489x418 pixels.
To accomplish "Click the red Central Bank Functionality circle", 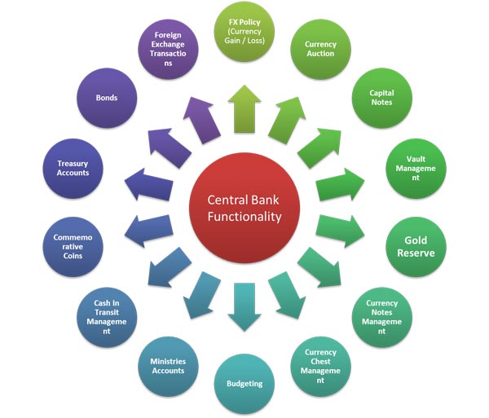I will click(244, 209).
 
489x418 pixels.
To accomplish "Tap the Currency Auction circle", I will click(320, 50).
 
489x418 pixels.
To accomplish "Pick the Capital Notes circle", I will click(381, 99).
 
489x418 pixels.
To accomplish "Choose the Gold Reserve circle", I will click(416, 246).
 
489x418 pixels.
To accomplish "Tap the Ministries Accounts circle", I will click(167, 363).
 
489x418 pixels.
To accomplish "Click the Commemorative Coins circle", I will click(73, 244).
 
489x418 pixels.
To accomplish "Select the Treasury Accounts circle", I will click(73, 169).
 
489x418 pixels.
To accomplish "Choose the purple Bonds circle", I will click(107, 98).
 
